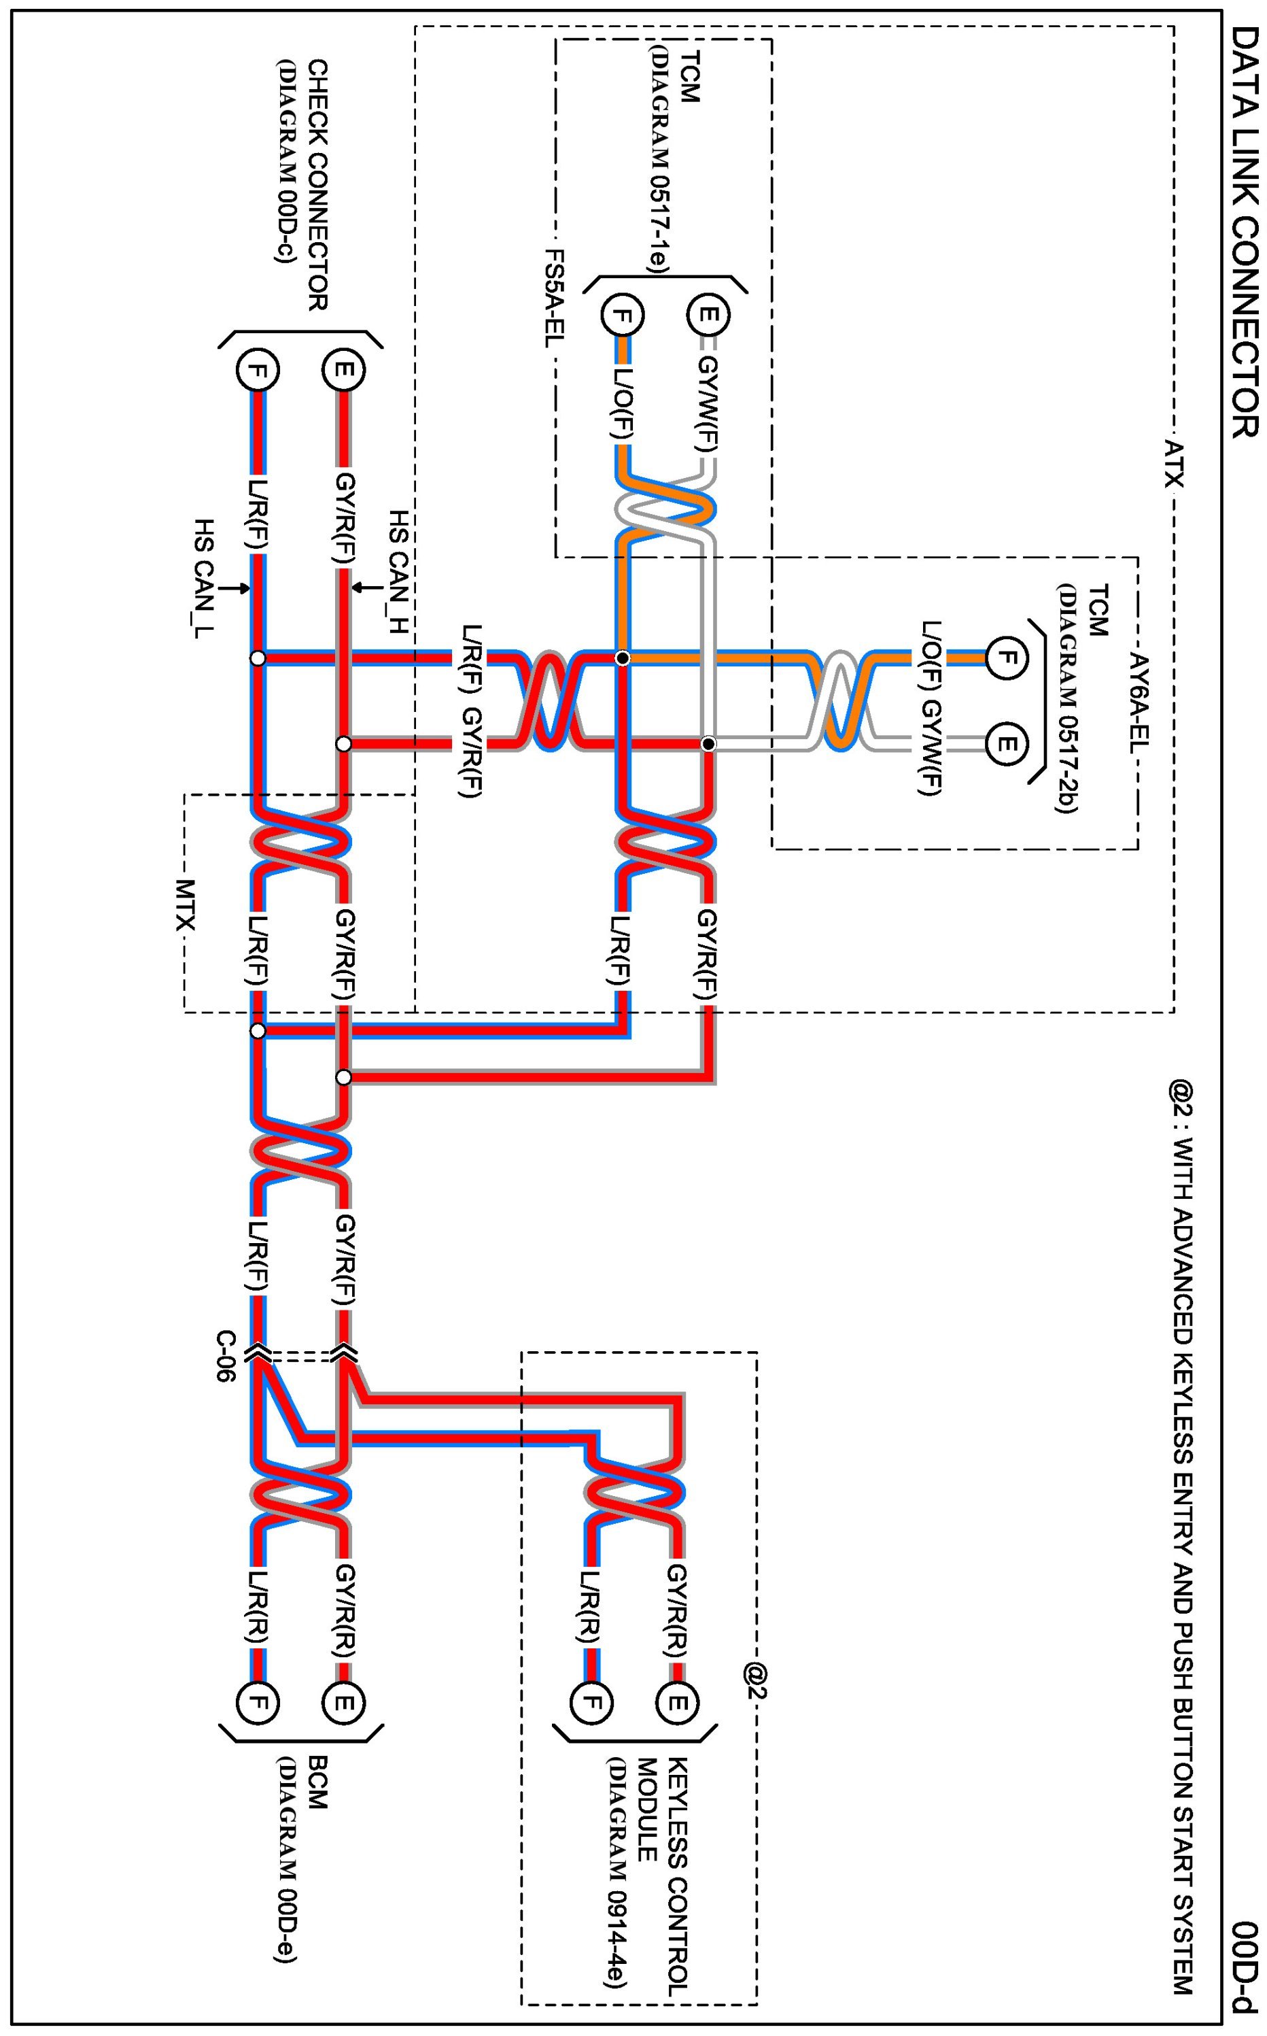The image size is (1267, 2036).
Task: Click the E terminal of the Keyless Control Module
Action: click(677, 1702)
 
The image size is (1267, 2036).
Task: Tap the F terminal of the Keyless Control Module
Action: click(591, 1702)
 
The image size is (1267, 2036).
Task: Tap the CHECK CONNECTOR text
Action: click(317, 184)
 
